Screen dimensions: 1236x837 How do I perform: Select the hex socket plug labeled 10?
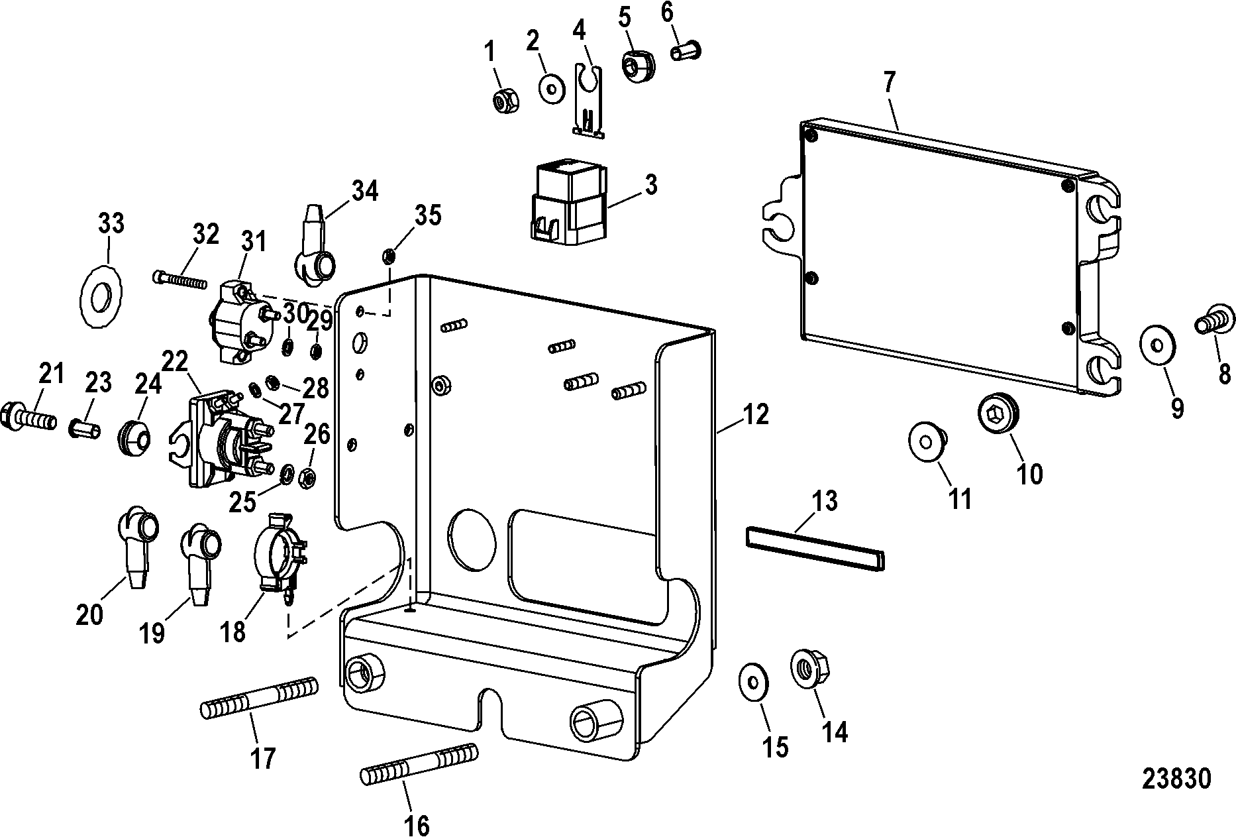[998, 413]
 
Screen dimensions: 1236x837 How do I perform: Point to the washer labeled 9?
[1159, 346]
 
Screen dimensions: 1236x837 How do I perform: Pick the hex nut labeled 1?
[507, 99]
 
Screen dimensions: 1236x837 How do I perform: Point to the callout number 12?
[754, 414]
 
